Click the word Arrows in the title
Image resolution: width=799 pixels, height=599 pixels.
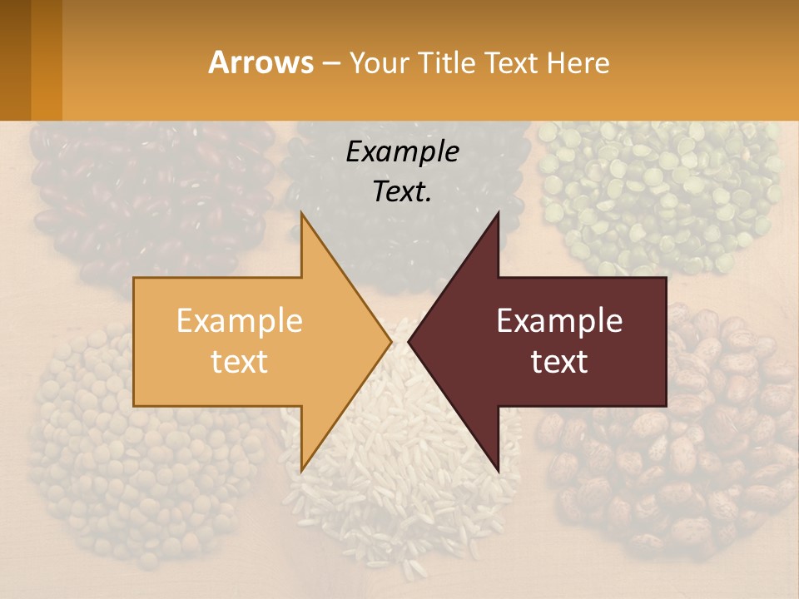(261, 62)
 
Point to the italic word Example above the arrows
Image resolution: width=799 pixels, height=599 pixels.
(402, 152)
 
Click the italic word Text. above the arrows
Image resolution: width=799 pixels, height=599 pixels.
(402, 192)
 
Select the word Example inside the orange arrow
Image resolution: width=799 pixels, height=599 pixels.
(239, 321)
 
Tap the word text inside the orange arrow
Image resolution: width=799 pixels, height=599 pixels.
(239, 362)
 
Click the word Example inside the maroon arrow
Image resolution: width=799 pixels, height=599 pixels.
(559, 321)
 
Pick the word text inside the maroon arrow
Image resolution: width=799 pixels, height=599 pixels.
(559, 362)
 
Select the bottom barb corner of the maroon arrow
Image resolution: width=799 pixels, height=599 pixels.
(498, 472)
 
